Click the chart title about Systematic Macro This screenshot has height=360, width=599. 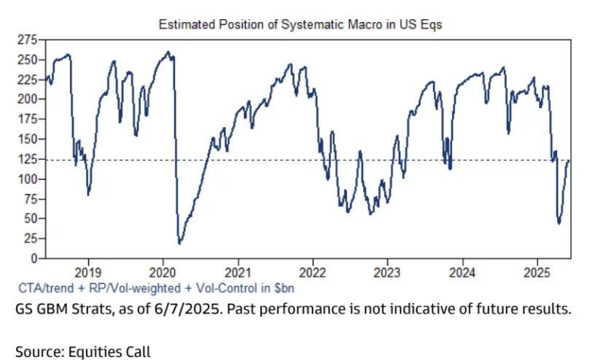tap(300, 24)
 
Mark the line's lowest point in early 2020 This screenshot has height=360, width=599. tap(180, 244)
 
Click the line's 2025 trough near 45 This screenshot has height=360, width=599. tap(559, 223)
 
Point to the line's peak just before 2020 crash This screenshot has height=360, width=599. tap(168, 52)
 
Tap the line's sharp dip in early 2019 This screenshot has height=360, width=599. tap(89, 194)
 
